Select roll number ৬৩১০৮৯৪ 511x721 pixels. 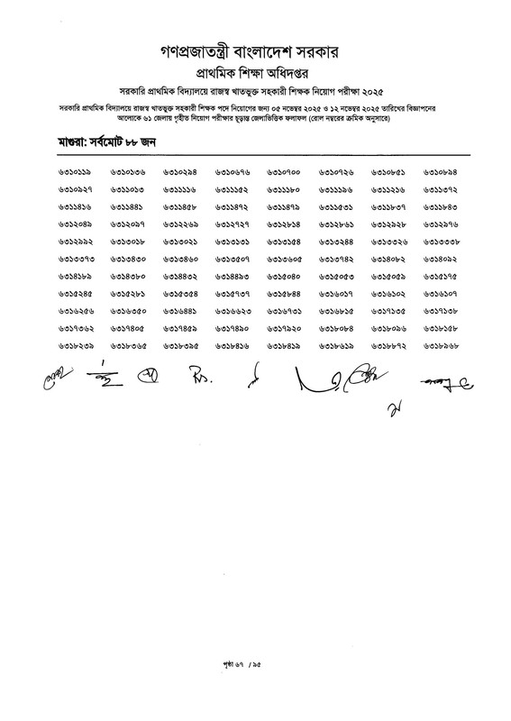pyautogui.click(x=441, y=171)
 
